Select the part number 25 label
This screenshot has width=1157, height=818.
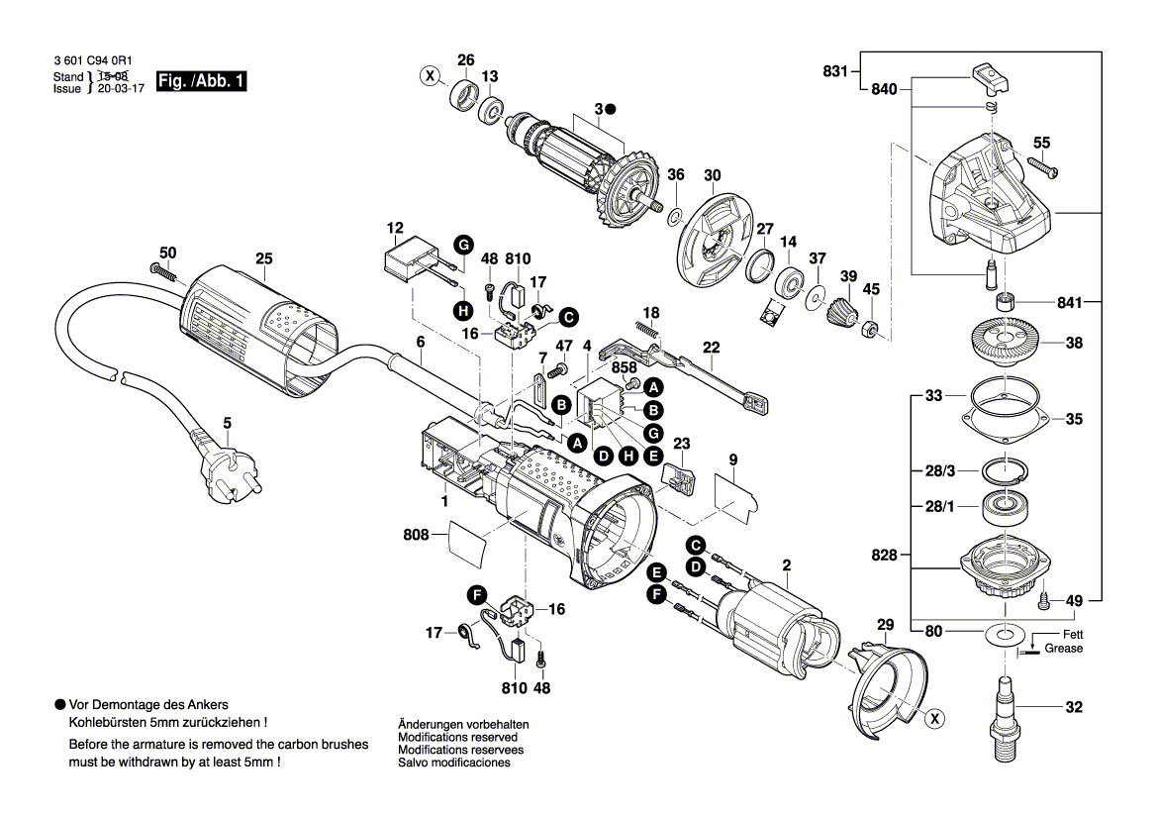tap(263, 259)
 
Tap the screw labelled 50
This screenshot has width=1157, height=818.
tap(160, 268)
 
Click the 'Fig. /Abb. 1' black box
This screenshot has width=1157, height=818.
tap(201, 83)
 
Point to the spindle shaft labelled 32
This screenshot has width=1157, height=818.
tap(1007, 709)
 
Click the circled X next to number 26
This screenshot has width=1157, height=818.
tap(430, 75)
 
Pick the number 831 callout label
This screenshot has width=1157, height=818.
tap(835, 70)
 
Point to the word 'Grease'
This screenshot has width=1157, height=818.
tap(1064, 649)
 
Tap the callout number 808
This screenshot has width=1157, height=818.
tap(416, 535)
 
